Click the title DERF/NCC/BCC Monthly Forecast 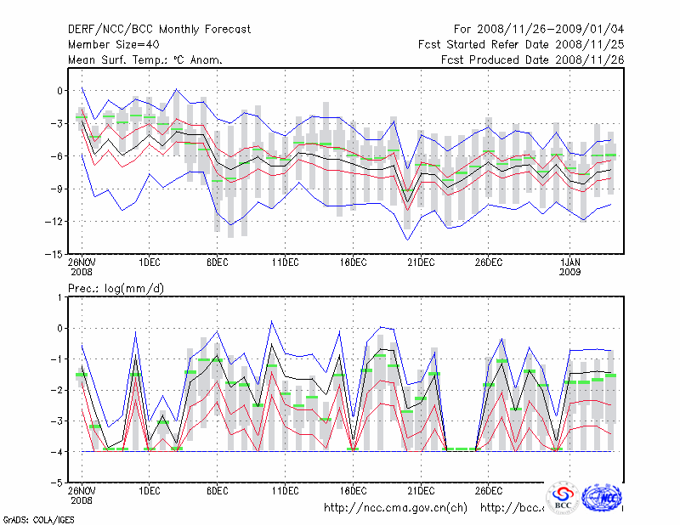[159, 29]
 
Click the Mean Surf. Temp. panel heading [145, 59]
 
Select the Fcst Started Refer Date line [521, 44]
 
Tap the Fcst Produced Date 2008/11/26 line [532, 59]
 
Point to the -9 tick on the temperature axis [56, 189]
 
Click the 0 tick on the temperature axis [60, 91]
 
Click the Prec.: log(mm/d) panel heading [116, 289]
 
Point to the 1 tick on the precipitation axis [60, 296]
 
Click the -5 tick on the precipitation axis [56, 483]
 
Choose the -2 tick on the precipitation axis [56, 390]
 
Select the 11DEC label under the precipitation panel [285, 490]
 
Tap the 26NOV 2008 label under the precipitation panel [82, 494]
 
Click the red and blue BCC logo [563, 497]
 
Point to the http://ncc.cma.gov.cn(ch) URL [395, 508]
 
